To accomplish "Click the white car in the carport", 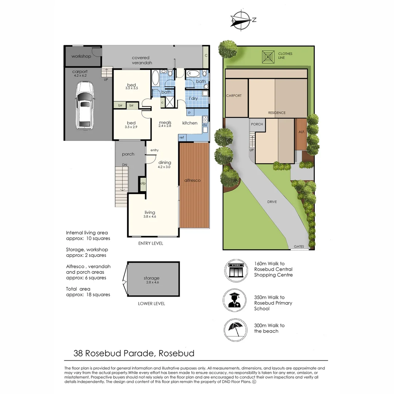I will point(84,105).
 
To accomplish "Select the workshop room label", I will point(81,56).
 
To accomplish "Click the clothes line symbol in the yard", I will point(269,57).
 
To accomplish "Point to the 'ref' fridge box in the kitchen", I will point(182,137).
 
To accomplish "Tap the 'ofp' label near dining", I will point(143,184).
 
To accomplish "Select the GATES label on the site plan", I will point(298,247).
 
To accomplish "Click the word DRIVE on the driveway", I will point(271,202).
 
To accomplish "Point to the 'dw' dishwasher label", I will point(205,125).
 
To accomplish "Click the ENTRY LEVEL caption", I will point(151,243).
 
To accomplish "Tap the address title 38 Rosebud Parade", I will point(134,353).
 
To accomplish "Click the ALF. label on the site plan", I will point(301,131).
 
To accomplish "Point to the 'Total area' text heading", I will point(78,289).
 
